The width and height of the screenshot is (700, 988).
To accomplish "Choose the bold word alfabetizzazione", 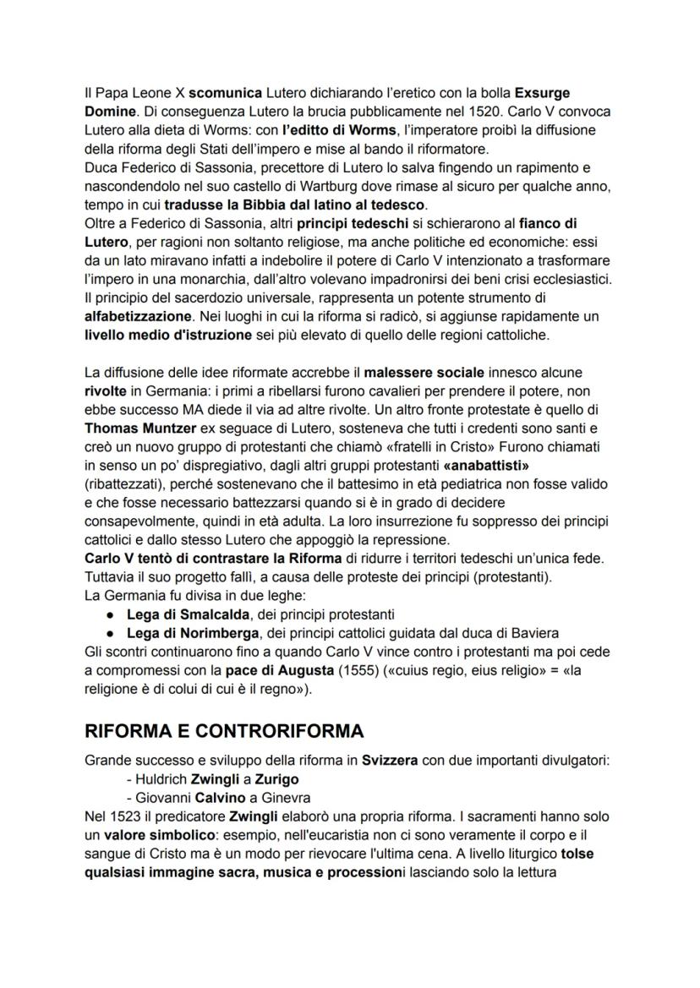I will pos(138,315).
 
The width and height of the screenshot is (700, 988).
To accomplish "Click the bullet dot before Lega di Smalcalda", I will pos(112,614).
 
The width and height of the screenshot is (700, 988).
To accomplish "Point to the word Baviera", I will pos(533,633).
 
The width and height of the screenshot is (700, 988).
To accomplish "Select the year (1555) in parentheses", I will pos(353,671).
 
